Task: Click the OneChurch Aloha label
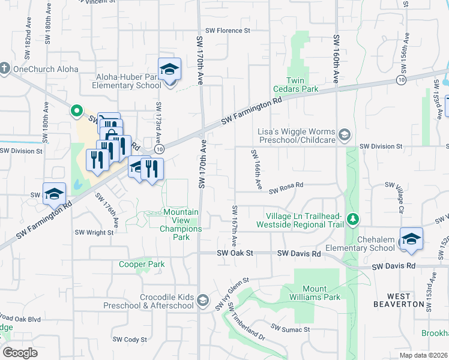(x=46, y=69)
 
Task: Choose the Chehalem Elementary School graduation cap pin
(x=412, y=239)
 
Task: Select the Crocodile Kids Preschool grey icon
(x=203, y=299)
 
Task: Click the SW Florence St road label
(x=227, y=31)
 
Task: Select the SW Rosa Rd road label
(x=286, y=190)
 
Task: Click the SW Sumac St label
(x=290, y=329)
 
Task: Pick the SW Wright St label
(x=94, y=233)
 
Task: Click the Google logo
(x=20, y=353)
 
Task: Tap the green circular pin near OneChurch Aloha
(x=76, y=110)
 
